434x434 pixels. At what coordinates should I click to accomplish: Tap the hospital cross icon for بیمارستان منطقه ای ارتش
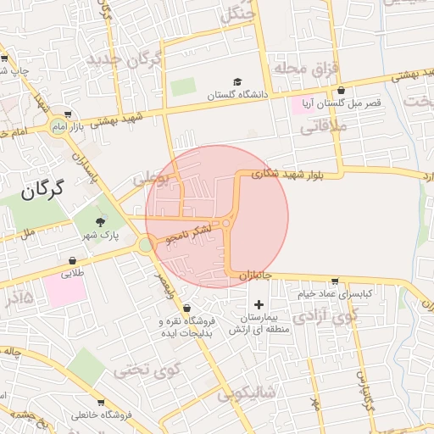(259, 304)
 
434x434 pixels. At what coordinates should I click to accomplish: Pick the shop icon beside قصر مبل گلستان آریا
(341, 91)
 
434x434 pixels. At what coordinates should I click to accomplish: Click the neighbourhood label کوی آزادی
(325, 318)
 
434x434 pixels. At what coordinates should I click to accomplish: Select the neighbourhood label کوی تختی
(148, 370)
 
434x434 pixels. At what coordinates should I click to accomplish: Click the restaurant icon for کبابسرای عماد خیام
(335, 281)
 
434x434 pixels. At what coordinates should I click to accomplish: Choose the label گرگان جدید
(123, 60)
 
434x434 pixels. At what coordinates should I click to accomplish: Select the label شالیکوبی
(247, 392)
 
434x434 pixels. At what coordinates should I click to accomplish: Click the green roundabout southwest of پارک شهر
(146, 245)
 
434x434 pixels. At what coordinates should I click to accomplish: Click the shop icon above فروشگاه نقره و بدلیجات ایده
(186, 307)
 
